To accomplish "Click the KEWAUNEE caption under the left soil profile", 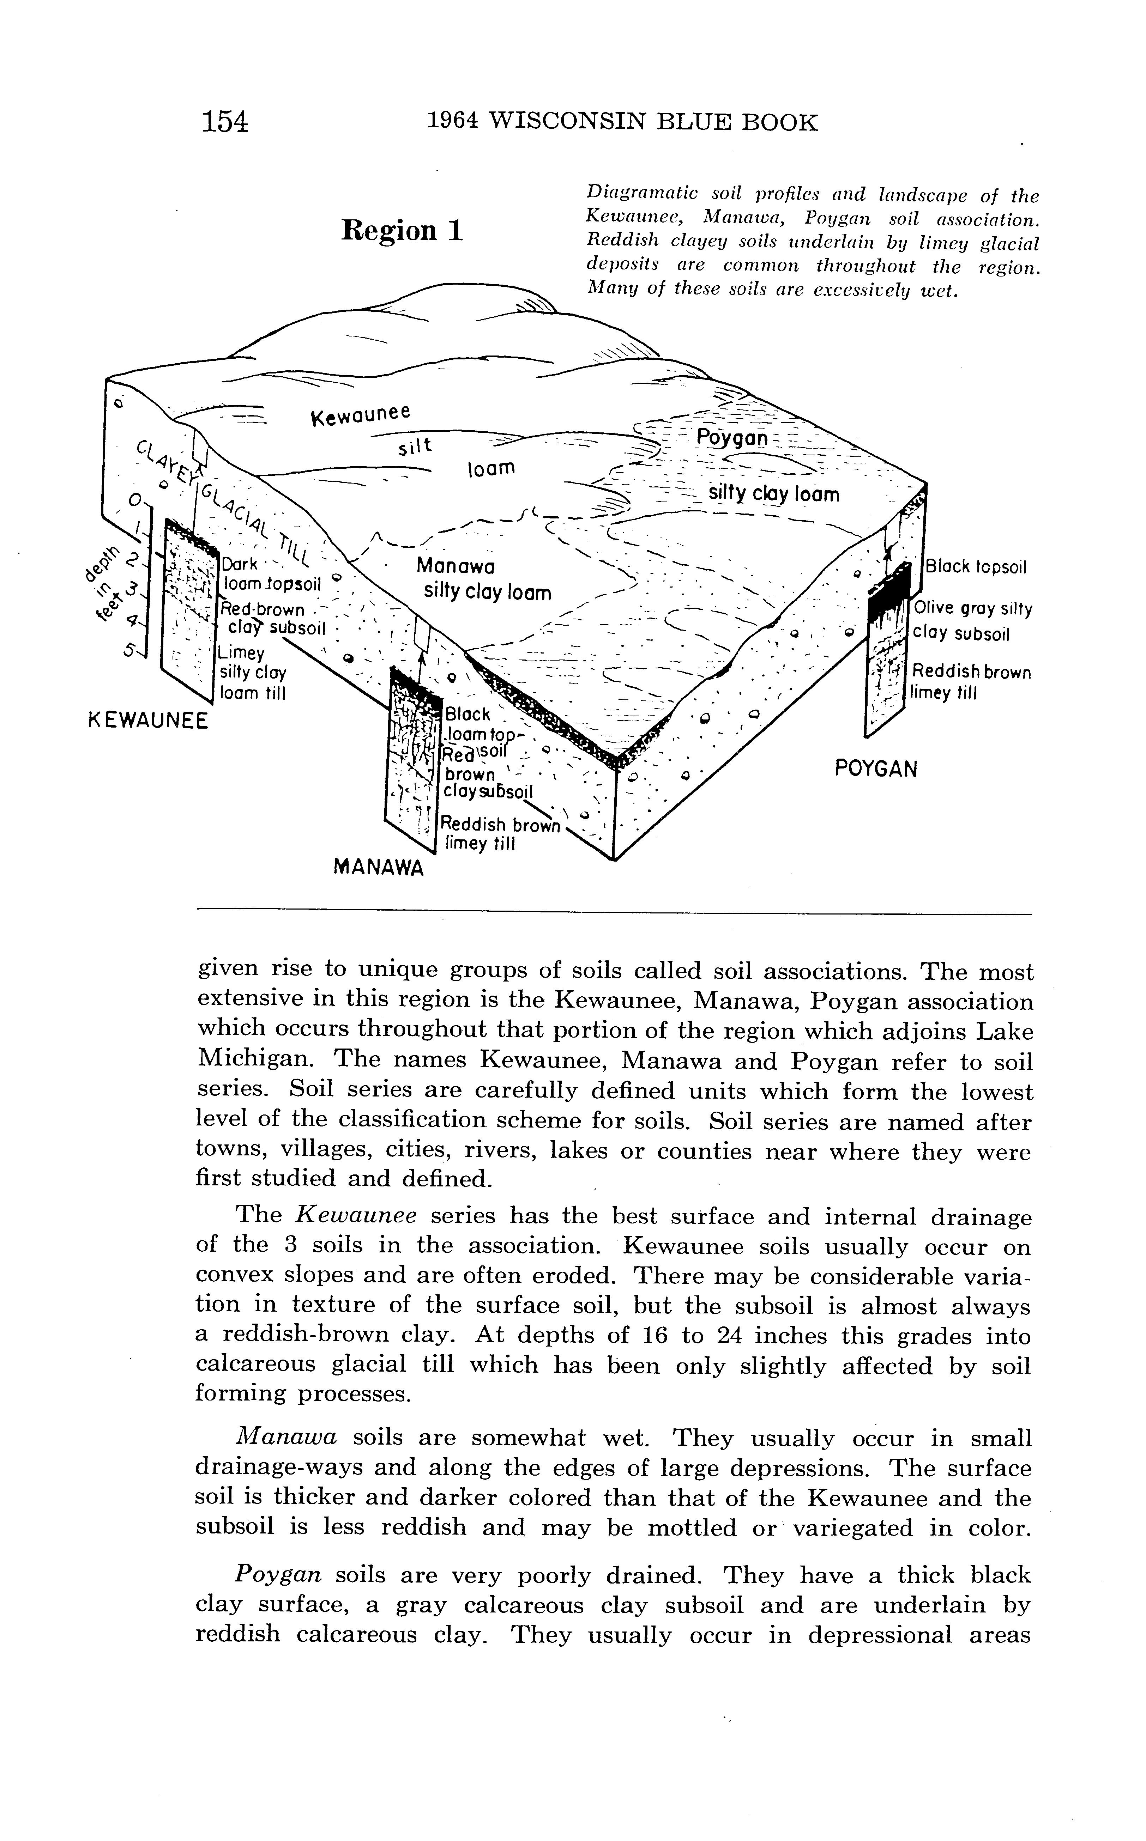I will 148,720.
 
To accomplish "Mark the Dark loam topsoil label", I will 271,574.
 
